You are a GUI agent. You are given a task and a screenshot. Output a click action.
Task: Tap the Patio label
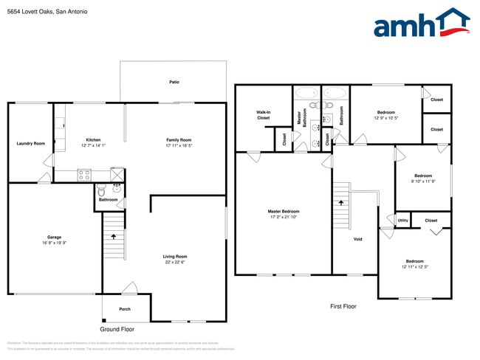pos(174,82)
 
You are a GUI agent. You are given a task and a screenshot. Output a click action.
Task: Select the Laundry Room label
pos(31,143)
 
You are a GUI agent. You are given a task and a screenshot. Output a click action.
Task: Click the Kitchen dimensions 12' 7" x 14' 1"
pos(93,145)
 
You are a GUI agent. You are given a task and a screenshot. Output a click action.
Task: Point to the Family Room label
pos(179,140)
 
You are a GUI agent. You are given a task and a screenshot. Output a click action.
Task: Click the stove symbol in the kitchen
pos(84,176)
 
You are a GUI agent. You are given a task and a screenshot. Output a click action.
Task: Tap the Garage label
pos(55,237)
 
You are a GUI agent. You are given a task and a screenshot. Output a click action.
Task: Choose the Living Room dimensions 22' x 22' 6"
pos(175,262)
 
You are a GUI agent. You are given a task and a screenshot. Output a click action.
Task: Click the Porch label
pos(125,309)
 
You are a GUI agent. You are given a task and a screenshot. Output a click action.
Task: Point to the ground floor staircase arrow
pos(114,237)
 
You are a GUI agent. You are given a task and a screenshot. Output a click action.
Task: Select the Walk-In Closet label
pos(264,115)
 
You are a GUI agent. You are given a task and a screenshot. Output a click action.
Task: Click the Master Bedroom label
pos(284,211)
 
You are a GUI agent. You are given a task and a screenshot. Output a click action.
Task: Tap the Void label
pos(358,239)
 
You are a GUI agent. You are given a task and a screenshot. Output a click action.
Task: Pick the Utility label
pos(402,220)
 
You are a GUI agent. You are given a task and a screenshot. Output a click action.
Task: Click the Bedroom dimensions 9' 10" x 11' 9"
pos(423,181)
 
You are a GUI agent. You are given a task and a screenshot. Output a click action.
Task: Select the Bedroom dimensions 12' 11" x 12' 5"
pos(414,266)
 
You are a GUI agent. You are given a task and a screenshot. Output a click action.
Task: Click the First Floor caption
pos(343,305)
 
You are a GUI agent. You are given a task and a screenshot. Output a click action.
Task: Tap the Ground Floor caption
pos(117,328)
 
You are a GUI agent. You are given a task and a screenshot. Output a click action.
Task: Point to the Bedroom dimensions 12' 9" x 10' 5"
pos(386,117)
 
